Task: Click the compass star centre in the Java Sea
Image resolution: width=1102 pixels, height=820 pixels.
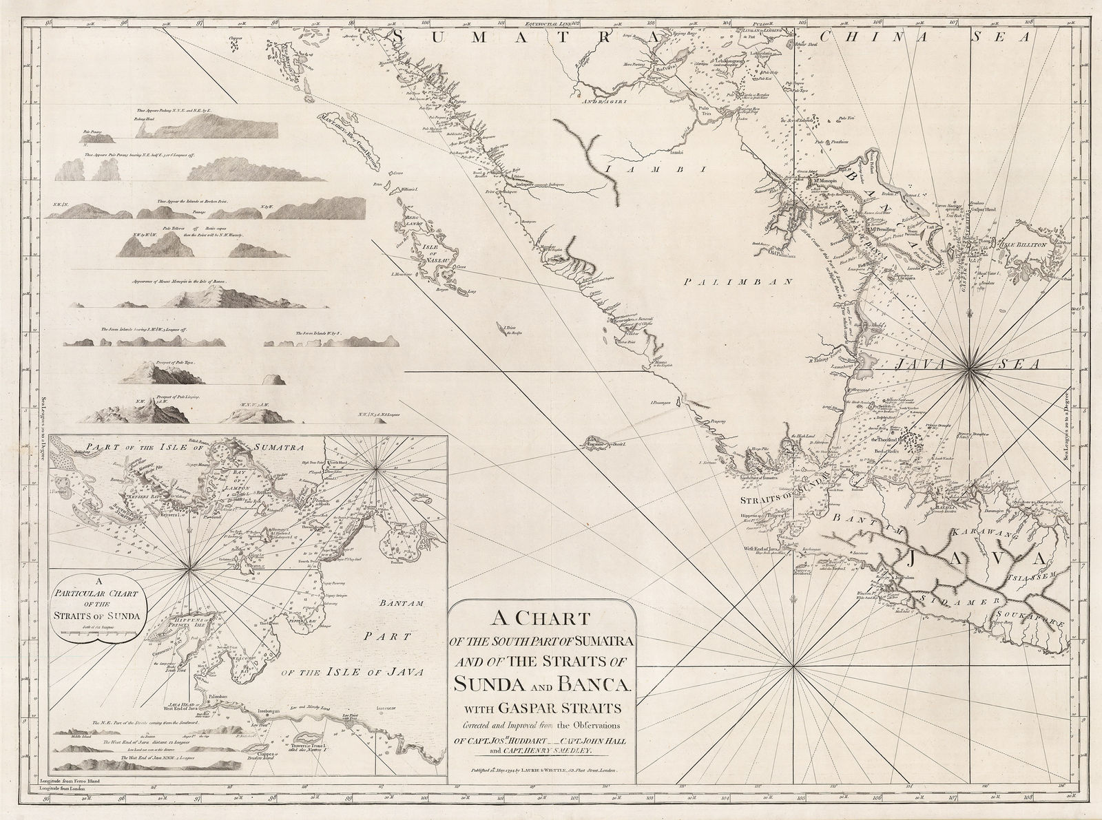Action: [x=970, y=372]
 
